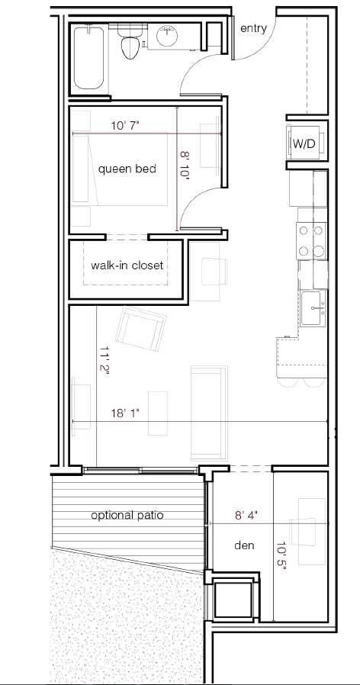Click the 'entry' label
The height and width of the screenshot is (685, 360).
tap(253, 28)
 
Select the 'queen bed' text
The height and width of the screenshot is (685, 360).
tap(127, 169)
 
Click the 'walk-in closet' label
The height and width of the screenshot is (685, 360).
tap(127, 265)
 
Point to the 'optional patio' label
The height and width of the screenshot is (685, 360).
tap(127, 515)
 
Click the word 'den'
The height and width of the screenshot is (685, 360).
tap(244, 546)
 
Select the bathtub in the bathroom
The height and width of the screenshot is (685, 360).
tap(90, 57)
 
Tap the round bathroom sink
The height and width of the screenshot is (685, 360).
tap(167, 35)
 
